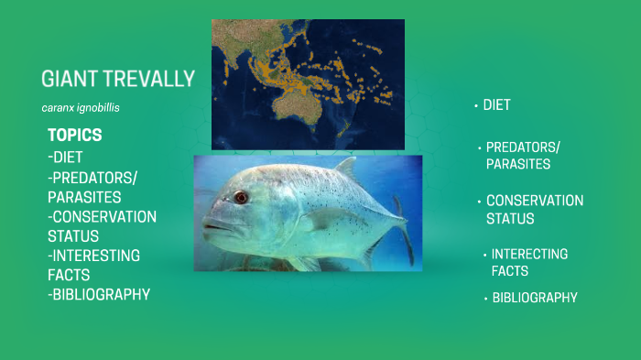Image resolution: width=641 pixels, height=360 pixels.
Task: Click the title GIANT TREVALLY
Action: click(x=118, y=79)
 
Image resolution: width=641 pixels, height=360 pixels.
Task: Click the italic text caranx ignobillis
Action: click(x=81, y=108)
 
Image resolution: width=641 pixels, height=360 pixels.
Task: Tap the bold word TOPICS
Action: click(x=74, y=135)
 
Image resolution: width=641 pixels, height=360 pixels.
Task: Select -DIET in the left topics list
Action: click(x=65, y=157)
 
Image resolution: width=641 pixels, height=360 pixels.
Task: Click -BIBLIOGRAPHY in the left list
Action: click(x=99, y=294)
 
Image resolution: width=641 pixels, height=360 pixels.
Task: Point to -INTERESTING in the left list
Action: click(x=93, y=255)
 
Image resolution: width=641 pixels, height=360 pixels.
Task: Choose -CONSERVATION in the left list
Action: click(x=102, y=216)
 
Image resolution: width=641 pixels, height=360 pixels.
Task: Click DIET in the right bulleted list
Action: click(x=496, y=105)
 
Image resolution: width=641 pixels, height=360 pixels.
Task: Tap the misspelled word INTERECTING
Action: click(x=529, y=254)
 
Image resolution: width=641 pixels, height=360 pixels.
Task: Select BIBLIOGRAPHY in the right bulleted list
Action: click(x=535, y=298)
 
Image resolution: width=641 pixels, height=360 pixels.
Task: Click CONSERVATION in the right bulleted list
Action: click(x=534, y=201)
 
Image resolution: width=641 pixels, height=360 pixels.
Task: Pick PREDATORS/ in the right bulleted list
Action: click(x=523, y=147)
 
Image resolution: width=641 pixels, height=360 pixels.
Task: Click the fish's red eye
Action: click(x=240, y=197)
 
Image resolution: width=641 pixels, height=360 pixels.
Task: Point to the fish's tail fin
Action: click(x=403, y=224)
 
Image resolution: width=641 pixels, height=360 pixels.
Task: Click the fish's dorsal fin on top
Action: click(x=345, y=169)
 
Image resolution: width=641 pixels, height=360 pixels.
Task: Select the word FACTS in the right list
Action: click(x=509, y=271)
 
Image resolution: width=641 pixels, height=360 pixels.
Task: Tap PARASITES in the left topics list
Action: click(x=84, y=196)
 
